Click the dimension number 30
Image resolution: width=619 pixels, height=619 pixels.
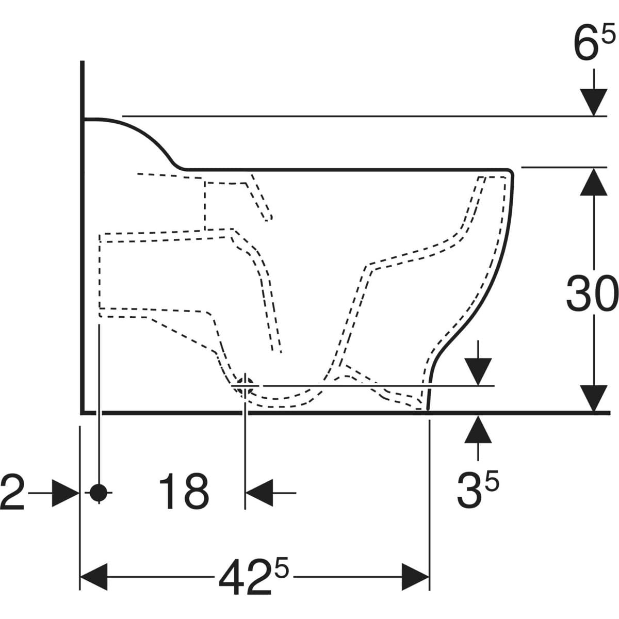(592, 294)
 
